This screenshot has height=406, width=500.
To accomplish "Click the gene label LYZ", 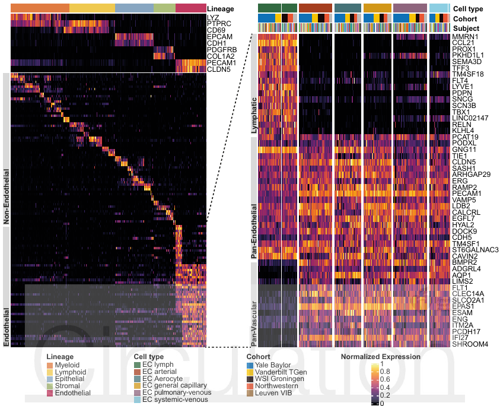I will tap(212, 17).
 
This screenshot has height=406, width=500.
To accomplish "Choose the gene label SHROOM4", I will tap(469, 344).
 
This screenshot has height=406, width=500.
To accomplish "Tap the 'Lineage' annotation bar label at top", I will tap(221, 9).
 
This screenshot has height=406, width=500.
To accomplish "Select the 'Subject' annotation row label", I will tap(467, 28).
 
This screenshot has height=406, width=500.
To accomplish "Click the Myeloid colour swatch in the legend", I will tap(50, 365).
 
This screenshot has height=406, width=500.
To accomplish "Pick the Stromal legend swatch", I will tap(50, 386).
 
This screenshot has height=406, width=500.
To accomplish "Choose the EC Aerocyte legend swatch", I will tap(138, 379).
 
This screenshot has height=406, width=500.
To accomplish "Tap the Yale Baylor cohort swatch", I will tap(250, 365).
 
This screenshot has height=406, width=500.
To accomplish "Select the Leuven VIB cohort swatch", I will tap(250, 394).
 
